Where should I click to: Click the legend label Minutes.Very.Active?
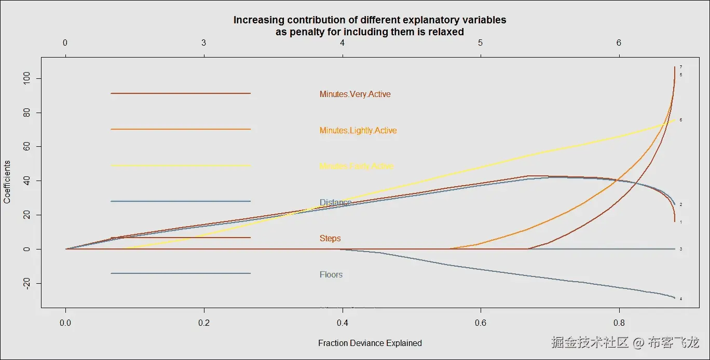click(x=355, y=94)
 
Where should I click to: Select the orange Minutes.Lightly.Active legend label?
click(x=358, y=131)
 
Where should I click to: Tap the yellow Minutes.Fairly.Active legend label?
click(x=357, y=167)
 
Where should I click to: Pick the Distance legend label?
click(x=335, y=202)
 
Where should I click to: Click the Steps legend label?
click(x=330, y=239)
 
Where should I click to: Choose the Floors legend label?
click(x=331, y=275)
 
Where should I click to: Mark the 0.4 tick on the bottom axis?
click(x=342, y=322)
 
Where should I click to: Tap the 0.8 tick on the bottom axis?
click(x=619, y=322)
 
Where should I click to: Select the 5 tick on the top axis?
click(x=481, y=43)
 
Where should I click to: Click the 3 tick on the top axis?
click(x=203, y=43)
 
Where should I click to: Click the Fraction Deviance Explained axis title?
click(x=370, y=343)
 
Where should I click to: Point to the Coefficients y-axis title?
click(x=7, y=182)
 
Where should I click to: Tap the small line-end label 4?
click(x=680, y=299)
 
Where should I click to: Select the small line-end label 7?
click(x=680, y=67)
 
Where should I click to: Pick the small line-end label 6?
click(x=680, y=120)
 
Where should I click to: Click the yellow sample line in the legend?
click(x=181, y=165)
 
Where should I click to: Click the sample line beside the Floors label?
click(x=181, y=273)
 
